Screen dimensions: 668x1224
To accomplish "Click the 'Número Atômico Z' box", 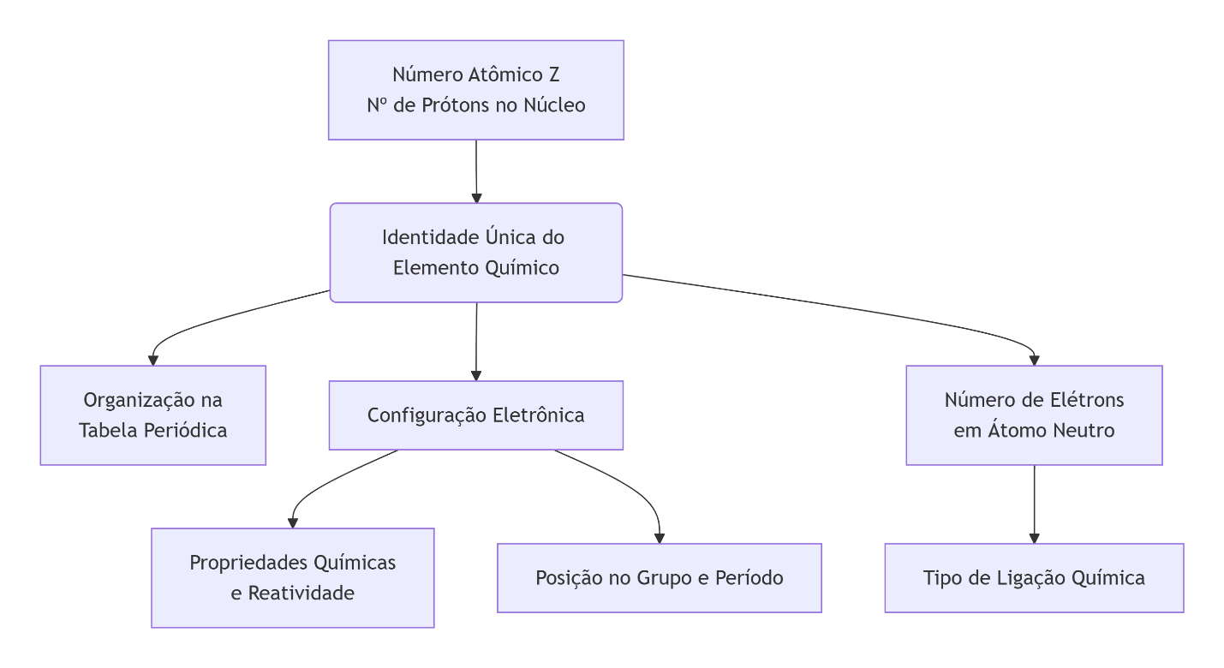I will coord(475,90).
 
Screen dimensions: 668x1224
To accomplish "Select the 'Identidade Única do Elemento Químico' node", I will coord(475,253).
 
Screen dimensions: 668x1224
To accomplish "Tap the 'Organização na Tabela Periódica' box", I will coord(152,415).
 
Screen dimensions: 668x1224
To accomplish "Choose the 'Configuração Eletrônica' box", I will coord(475,415).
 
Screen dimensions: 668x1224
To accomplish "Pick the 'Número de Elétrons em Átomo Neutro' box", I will coord(1034,415).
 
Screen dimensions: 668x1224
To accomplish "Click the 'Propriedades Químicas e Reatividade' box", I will coord(292,577).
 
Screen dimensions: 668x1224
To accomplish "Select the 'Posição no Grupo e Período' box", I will coord(659,578).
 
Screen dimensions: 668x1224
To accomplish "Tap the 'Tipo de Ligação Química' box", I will coord(1034,578).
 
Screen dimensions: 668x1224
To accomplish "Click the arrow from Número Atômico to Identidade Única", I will coord(475,171).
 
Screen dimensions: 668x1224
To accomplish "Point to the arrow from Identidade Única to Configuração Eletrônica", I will coord(475,341).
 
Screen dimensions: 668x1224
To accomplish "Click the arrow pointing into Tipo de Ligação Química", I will coord(1034,505).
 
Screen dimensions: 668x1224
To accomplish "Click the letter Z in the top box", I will coord(554,75).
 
